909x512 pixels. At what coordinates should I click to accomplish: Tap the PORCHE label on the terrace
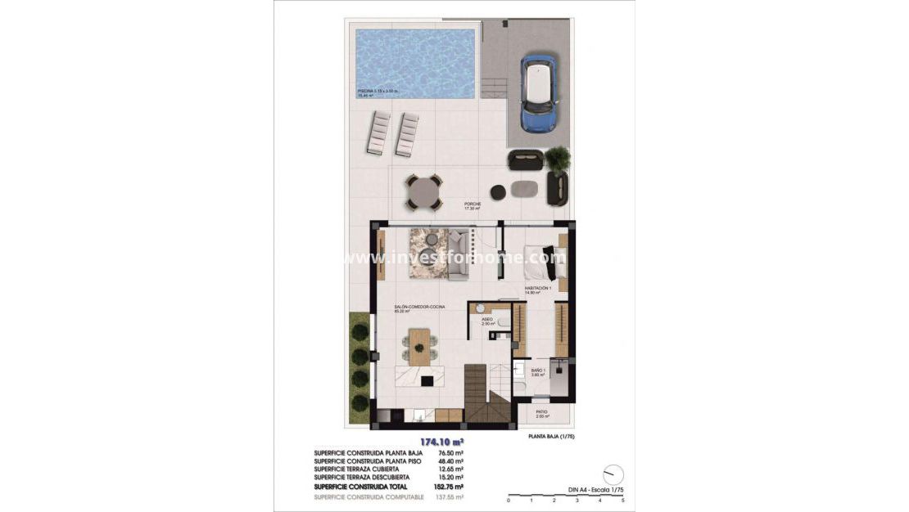[473, 204]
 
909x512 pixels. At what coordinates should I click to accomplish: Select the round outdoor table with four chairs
[423, 193]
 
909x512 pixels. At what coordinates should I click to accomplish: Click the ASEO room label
[487, 319]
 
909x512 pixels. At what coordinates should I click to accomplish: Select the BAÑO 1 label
[537, 371]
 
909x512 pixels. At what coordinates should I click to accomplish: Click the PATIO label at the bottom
[541, 412]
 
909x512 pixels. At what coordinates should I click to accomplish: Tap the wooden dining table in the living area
[420, 345]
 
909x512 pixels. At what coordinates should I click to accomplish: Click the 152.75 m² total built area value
[453, 486]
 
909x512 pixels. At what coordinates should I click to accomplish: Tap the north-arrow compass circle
[612, 475]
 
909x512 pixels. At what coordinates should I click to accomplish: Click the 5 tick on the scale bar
[623, 500]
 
